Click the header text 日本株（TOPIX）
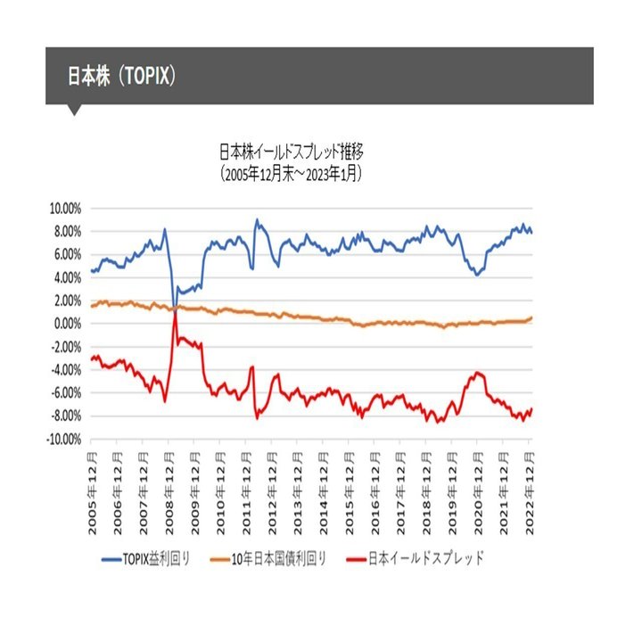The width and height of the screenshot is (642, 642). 122,76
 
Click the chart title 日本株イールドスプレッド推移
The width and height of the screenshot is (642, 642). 295,150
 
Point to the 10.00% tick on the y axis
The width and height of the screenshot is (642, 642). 63,208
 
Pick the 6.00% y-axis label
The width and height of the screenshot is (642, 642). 66,254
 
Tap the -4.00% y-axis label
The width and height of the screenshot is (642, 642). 64,370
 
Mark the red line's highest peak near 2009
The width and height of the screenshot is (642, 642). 176,309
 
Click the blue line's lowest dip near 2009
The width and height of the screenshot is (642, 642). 175,306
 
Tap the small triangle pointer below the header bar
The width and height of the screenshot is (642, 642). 75,111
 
